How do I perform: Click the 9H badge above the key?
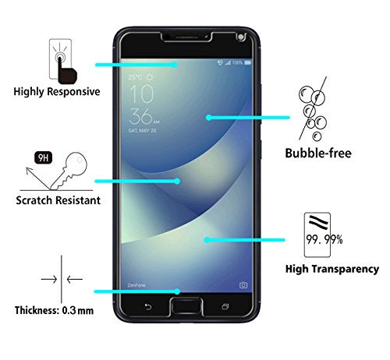pyautogui.click(x=43, y=157)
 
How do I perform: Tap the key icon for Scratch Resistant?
pyautogui.click(x=69, y=171)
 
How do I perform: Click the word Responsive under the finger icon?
pyautogui.click(x=74, y=92)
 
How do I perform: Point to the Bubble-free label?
pyautogui.click(x=318, y=153)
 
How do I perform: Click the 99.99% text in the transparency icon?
pyautogui.click(x=324, y=239)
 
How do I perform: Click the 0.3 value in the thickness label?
pyautogui.click(x=69, y=310)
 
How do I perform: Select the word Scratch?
pyautogui.click(x=34, y=200)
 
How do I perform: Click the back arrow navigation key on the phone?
pyautogui.click(x=148, y=307)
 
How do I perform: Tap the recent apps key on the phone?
pyautogui.click(x=225, y=307)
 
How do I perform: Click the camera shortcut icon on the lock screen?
pyautogui.click(x=243, y=285)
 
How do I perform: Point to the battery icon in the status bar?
pyautogui.click(x=247, y=62)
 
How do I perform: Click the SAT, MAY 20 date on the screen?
pyautogui.click(x=142, y=130)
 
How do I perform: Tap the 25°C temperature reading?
pyautogui.click(x=135, y=77)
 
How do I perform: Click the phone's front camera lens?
pyautogui.click(x=241, y=37)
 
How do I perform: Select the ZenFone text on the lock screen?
pyautogui.click(x=136, y=285)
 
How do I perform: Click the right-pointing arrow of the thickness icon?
pyautogui.click(x=49, y=279)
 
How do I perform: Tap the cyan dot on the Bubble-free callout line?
pyautogui.click(x=209, y=118)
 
